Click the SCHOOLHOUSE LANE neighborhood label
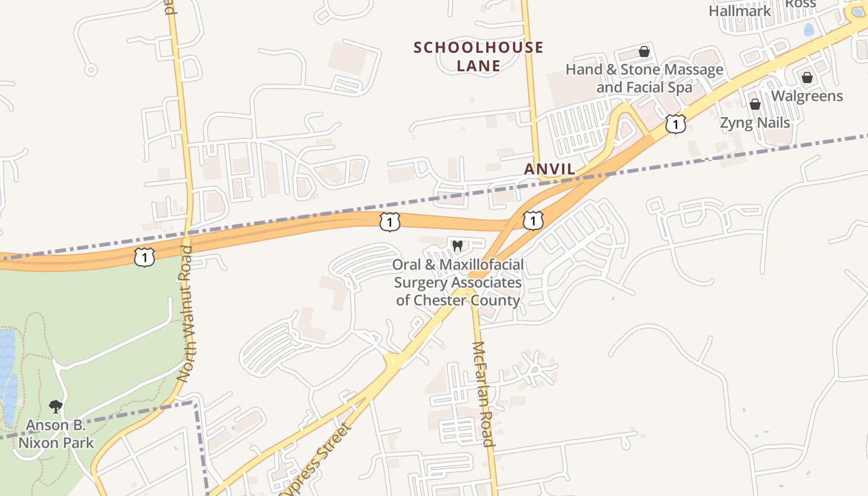click(478, 56)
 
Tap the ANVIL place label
click(549, 169)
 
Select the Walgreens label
click(807, 96)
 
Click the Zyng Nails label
click(755, 123)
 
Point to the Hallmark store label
click(740, 11)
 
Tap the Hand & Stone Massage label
click(644, 78)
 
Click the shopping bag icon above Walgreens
click(807, 77)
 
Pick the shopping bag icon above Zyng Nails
click(755, 104)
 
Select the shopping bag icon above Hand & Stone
click(644, 51)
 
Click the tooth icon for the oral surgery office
click(458, 246)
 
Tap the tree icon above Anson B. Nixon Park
click(56, 407)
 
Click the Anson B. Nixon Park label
click(56, 434)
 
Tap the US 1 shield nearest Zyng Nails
click(675, 124)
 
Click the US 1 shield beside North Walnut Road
click(144, 257)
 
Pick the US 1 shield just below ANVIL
click(533, 220)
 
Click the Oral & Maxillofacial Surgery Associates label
click(458, 283)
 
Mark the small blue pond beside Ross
click(809, 29)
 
